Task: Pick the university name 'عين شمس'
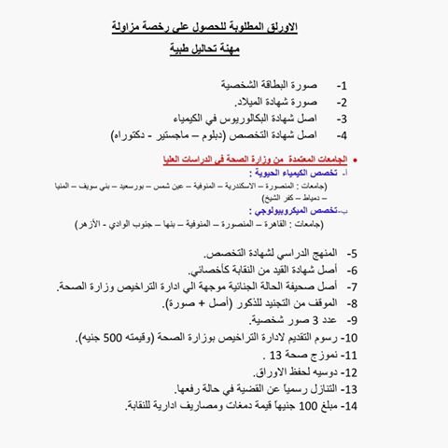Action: tap(225, 186)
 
